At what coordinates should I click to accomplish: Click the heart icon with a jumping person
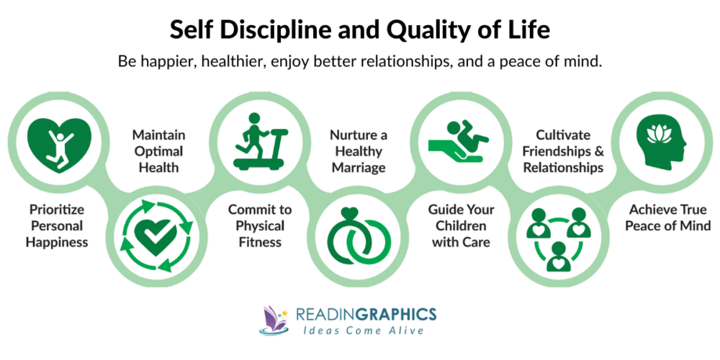click(x=58, y=141)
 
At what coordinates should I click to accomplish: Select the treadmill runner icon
click(x=259, y=141)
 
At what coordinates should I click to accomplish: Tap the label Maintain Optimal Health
click(x=158, y=150)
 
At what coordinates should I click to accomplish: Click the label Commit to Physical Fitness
click(x=259, y=226)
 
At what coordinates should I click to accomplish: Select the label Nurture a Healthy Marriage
click(x=358, y=150)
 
